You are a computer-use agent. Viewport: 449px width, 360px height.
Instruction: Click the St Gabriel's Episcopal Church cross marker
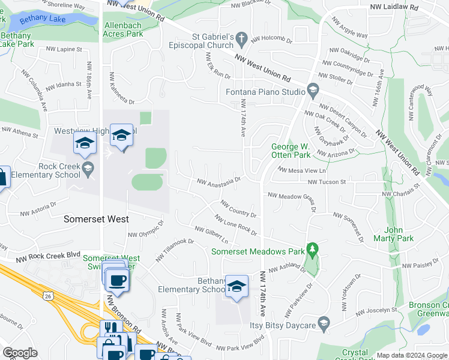[x=241, y=39]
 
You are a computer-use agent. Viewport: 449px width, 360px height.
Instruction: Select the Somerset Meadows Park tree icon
[x=312, y=248]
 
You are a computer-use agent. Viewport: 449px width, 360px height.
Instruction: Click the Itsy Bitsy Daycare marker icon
[x=324, y=324]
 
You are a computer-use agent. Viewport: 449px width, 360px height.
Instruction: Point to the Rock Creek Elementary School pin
[x=89, y=167]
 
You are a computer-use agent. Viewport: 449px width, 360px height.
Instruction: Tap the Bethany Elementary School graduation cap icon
[x=237, y=286]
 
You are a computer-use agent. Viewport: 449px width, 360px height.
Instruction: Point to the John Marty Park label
[x=399, y=234]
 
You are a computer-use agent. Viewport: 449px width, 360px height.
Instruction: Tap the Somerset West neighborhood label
[x=96, y=219]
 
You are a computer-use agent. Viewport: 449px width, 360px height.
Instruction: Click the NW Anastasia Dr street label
[x=219, y=180]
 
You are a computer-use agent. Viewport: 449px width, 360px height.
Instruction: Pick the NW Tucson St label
[x=327, y=181]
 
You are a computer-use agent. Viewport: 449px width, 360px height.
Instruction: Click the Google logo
[x=20, y=353]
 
